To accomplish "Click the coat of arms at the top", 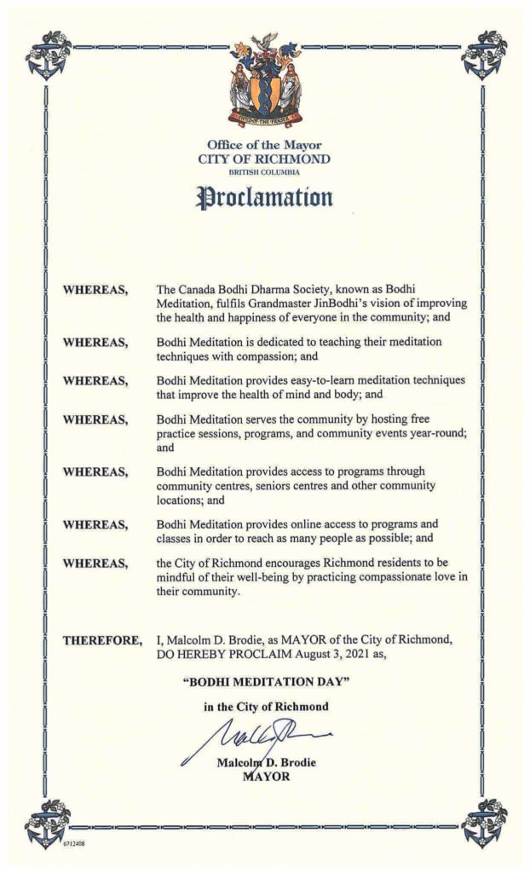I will (x=265, y=79).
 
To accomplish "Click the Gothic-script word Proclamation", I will (x=265, y=198).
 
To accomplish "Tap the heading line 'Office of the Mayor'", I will (x=265, y=144).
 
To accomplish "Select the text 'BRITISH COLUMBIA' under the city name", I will (x=265, y=171).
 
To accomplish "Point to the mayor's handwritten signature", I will (x=256, y=735).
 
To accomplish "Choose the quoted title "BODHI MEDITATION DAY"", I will (x=265, y=682).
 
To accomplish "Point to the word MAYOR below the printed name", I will (x=266, y=776).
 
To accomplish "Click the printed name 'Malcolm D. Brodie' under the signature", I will (x=266, y=762).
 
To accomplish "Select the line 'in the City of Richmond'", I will (x=265, y=707).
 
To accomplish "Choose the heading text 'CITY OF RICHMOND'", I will (x=265, y=159).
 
